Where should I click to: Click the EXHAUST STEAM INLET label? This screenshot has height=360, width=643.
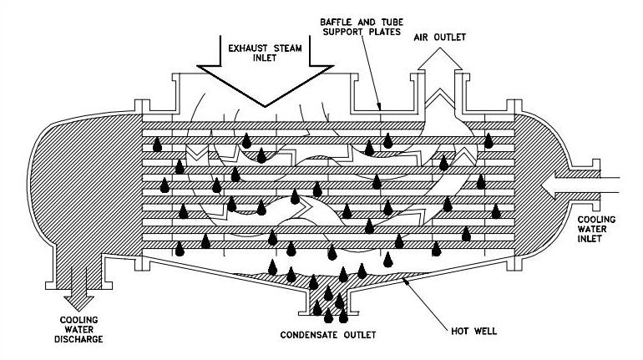(x=265, y=53)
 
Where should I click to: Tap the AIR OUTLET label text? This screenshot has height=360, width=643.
(x=439, y=38)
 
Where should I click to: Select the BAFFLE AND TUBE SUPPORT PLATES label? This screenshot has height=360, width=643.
(x=362, y=27)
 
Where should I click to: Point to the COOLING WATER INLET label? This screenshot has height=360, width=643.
(x=597, y=229)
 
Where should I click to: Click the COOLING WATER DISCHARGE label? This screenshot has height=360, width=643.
(x=78, y=330)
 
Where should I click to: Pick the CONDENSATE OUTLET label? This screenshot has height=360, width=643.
(x=328, y=335)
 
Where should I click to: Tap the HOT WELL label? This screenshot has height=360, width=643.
(x=473, y=331)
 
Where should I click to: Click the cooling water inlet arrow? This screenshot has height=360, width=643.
(x=580, y=185)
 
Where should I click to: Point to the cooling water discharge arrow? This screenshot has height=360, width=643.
(x=79, y=289)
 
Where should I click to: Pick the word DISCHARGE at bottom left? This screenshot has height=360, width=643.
(x=78, y=339)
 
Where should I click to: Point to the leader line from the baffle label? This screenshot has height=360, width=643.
(x=371, y=74)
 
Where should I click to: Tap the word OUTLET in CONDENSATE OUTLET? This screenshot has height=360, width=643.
(x=359, y=335)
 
